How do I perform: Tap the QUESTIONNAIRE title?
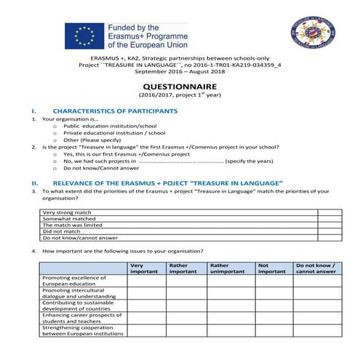click(180, 85)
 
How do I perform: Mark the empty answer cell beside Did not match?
click(329, 231)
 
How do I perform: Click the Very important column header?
click(143, 268)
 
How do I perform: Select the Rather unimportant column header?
click(228, 268)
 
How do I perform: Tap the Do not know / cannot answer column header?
click(316, 268)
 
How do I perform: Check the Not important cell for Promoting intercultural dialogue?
click(272, 293)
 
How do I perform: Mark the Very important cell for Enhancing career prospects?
click(145, 318)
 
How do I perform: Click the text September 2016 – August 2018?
click(179, 72)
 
